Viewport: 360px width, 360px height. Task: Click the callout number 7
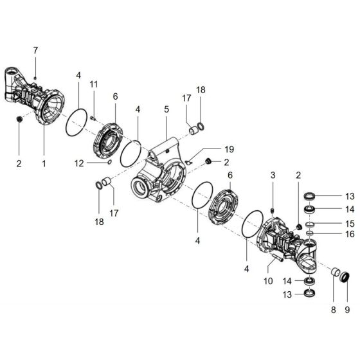click(x=36, y=50)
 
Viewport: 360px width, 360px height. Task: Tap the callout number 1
click(x=44, y=163)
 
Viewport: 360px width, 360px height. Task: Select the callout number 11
click(x=94, y=85)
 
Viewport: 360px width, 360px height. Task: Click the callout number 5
click(x=166, y=110)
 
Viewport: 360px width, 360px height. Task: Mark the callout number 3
click(x=273, y=175)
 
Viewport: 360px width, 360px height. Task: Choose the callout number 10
click(x=269, y=281)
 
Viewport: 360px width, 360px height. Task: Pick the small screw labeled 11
click(x=93, y=117)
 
